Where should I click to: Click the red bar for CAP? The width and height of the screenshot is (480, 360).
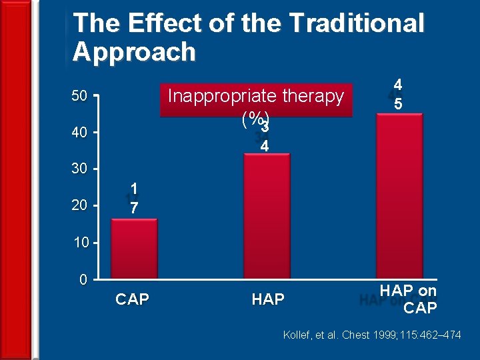tap(134, 248)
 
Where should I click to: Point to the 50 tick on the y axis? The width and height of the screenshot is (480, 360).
tap(79, 97)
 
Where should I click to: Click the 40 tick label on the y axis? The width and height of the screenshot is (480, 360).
tap(79, 133)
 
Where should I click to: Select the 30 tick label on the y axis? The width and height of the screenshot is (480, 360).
tap(79, 169)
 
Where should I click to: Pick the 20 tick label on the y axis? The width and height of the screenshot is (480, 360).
tap(79, 206)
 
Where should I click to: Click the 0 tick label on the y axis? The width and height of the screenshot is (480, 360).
tap(83, 279)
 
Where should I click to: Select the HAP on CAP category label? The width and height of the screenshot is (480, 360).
tap(408, 299)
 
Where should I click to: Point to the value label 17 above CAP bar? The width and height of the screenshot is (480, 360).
tap(134, 199)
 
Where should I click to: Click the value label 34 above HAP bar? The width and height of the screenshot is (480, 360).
tap(265, 136)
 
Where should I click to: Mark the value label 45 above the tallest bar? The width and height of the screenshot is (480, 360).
tap(397, 95)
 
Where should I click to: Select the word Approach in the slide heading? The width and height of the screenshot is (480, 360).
tap(134, 52)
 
